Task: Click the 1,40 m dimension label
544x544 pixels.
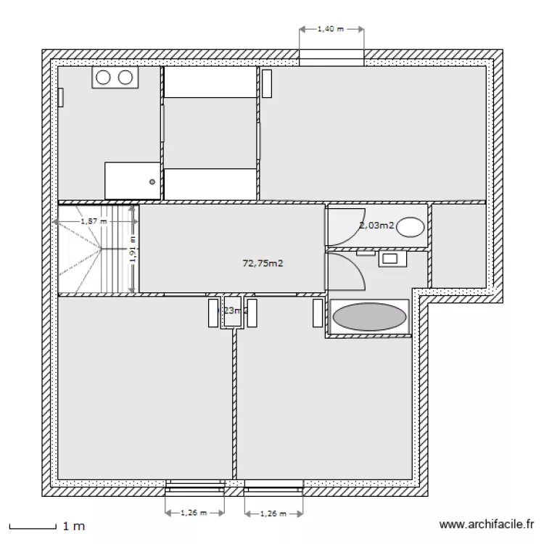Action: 331,30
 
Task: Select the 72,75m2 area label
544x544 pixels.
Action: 263,264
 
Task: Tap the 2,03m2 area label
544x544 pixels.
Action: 376,226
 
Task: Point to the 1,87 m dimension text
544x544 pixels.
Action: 94,221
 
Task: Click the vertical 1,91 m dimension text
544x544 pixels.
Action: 133,250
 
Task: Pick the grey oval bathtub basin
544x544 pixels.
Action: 368,317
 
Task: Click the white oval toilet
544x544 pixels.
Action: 411,227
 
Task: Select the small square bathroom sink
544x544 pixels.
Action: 389,257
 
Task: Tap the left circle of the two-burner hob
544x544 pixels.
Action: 102,78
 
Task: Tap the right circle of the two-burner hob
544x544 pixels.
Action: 125,78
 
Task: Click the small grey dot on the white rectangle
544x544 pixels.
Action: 152,182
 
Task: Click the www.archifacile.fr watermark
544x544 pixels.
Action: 487,524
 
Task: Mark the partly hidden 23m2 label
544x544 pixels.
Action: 234,310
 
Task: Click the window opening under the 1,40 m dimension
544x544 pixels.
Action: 331,57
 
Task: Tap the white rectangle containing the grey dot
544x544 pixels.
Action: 131,179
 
